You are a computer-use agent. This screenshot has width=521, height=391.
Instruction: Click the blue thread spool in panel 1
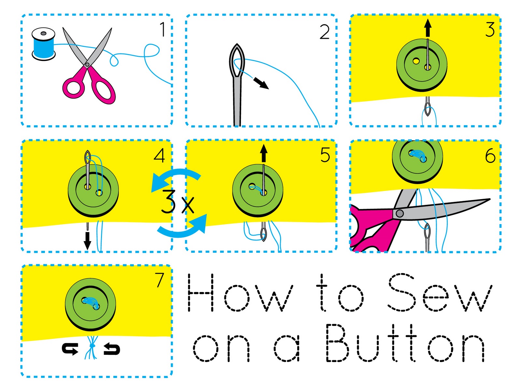(x=43, y=46)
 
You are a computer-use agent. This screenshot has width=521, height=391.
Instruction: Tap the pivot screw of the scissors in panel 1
(x=87, y=65)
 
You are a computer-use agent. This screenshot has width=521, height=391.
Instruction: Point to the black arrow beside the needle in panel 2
(x=261, y=83)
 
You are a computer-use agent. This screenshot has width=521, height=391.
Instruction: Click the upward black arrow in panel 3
(x=428, y=27)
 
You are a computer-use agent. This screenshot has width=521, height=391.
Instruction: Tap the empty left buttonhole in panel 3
(x=416, y=61)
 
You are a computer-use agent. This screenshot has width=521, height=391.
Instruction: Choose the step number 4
(x=159, y=155)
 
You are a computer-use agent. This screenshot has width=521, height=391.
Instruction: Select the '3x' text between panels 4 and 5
(x=177, y=202)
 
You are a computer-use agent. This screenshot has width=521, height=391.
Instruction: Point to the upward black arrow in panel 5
(x=264, y=153)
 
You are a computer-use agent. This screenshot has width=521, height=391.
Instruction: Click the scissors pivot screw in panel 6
(x=400, y=213)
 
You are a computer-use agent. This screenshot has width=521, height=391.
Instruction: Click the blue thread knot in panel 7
(x=92, y=345)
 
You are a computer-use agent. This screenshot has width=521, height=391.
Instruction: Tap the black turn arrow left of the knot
(x=70, y=349)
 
